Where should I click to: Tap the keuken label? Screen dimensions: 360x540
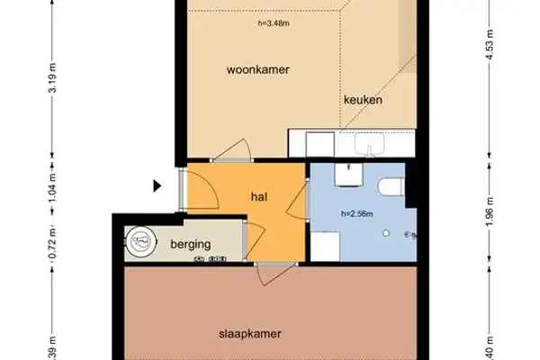point(363,101)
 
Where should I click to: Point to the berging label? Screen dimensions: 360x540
point(190,243)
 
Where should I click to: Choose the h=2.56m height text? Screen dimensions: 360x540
point(357,214)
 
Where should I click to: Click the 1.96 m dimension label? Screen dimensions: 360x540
point(489,214)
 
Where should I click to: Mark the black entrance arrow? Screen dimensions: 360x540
point(157,186)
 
